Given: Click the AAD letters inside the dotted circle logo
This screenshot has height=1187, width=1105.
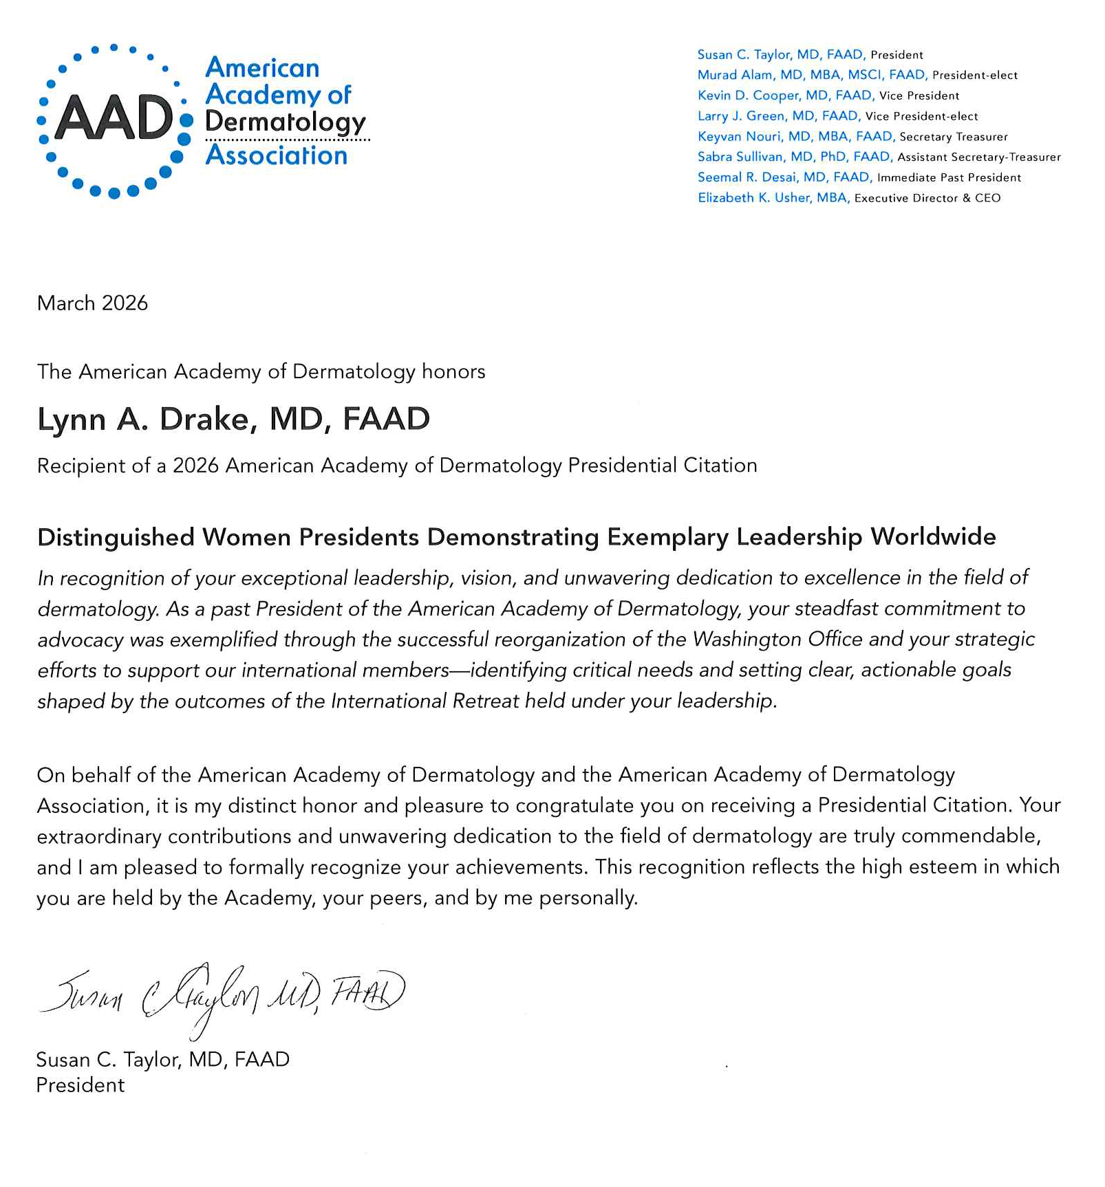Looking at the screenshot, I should click(114, 118).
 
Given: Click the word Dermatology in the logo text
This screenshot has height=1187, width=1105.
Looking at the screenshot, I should click(285, 122).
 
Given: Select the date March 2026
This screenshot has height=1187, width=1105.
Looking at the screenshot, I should click(92, 303).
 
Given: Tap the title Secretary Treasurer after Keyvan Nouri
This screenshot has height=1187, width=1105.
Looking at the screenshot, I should click(954, 137).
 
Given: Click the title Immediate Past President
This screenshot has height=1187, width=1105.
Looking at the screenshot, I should click(949, 177).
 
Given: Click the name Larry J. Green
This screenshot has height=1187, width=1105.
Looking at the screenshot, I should click(740, 116).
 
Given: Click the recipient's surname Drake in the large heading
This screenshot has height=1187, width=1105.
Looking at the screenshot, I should click(208, 420).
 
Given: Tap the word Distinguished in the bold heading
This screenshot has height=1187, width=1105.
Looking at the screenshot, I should click(116, 537).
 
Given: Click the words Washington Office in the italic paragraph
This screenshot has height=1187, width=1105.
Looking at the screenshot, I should click(777, 640).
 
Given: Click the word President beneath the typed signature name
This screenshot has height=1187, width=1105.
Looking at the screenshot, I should click(81, 1085).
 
